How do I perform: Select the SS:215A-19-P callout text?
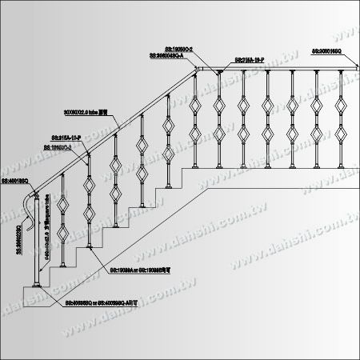[251, 60]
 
